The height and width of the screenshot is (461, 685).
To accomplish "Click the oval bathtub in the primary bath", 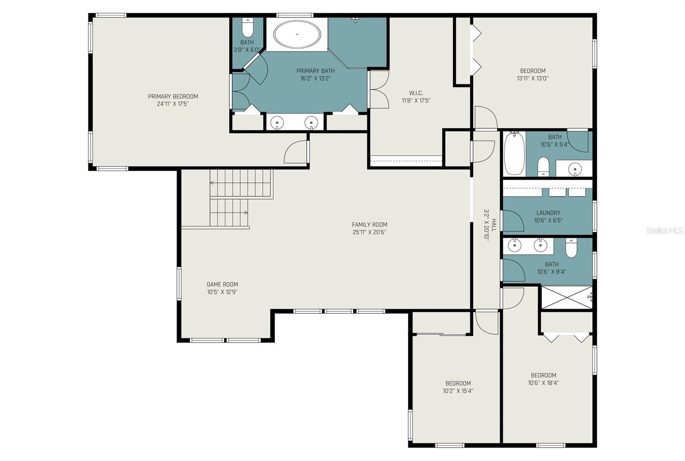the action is pyautogui.click(x=297, y=35).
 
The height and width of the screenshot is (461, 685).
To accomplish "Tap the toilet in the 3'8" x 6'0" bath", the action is pyautogui.click(x=247, y=27).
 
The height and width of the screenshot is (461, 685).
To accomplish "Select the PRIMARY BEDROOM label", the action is pyautogui.click(x=173, y=97).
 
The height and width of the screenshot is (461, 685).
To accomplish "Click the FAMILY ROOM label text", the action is pyautogui.click(x=369, y=225).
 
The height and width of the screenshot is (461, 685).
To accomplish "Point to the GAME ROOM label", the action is pyautogui.click(x=222, y=284).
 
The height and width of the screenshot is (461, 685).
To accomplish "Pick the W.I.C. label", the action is pyautogui.click(x=416, y=93).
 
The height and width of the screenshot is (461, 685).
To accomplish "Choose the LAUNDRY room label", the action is pyautogui.click(x=548, y=213).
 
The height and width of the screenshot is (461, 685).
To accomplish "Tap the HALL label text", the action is pyautogui.click(x=494, y=225).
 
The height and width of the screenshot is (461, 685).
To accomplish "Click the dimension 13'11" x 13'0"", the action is pyautogui.click(x=533, y=78).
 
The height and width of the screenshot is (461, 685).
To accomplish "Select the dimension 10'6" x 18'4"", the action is pyautogui.click(x=543, y=382).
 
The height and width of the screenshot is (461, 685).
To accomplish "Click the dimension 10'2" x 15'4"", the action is pyautogui.click(x=458, y=390).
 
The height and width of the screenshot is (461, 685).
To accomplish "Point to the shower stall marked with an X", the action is pyautogui.click(x=567, y=297).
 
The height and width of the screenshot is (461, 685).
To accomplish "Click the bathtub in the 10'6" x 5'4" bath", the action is pyautogui.click(x=514, y=154).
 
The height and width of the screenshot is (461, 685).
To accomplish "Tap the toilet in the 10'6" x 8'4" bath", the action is pyautogui.click(x=571, y=248).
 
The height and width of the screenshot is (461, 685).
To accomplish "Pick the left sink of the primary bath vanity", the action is pyautogui.click(x=277, y=123).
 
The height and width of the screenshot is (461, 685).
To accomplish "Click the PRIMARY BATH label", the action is pyautogui.click(x=315, y=71).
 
